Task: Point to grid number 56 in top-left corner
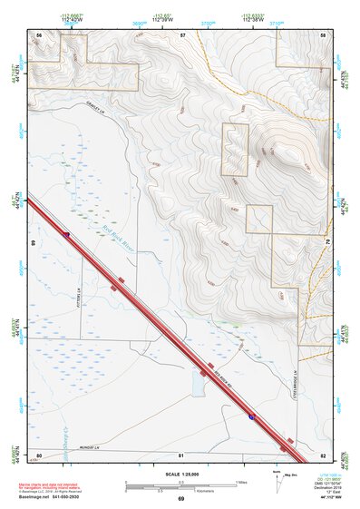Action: pos(39,34)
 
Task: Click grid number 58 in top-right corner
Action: pos(324,34)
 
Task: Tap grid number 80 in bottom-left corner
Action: pos(39,455)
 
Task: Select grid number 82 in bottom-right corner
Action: pos(324,455)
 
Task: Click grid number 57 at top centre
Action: pos(182,34)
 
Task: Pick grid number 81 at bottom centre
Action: pos(181,455)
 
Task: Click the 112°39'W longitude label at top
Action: pos(164,18)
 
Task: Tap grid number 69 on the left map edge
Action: pos(34,243)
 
